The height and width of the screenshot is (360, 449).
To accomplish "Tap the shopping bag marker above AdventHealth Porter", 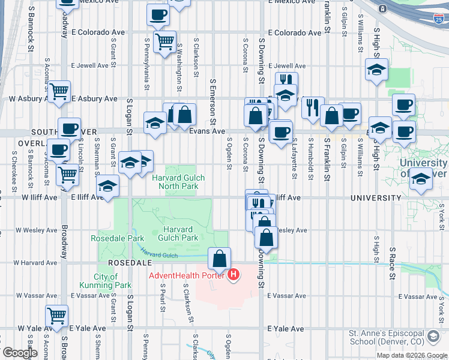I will click(x=220, y=259).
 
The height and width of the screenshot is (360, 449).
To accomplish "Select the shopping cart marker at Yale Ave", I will click(x=56, y=316).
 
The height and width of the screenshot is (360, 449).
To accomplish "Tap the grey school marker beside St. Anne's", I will click(x=433, y=337).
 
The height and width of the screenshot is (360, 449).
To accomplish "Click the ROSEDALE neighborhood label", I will click(x=124, y=263).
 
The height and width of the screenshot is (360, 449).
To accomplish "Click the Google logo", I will click(x=20, y=353).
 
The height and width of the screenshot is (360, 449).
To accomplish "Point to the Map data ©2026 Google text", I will click(x=412, y=355).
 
